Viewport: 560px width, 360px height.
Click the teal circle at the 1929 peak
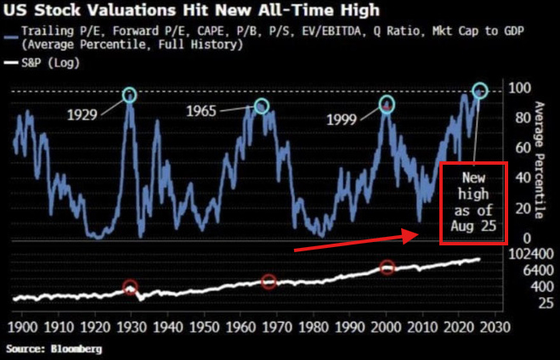(129, 95)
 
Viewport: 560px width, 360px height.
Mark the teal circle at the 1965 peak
(261, 105)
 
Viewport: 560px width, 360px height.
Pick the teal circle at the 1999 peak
(387, 104)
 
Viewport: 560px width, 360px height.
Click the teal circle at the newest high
(480, 89)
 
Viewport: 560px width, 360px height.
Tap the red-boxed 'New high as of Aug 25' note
(473, 202)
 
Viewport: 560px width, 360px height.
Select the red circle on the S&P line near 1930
(130, 287)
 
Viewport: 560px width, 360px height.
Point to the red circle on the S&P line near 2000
(387, 267)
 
